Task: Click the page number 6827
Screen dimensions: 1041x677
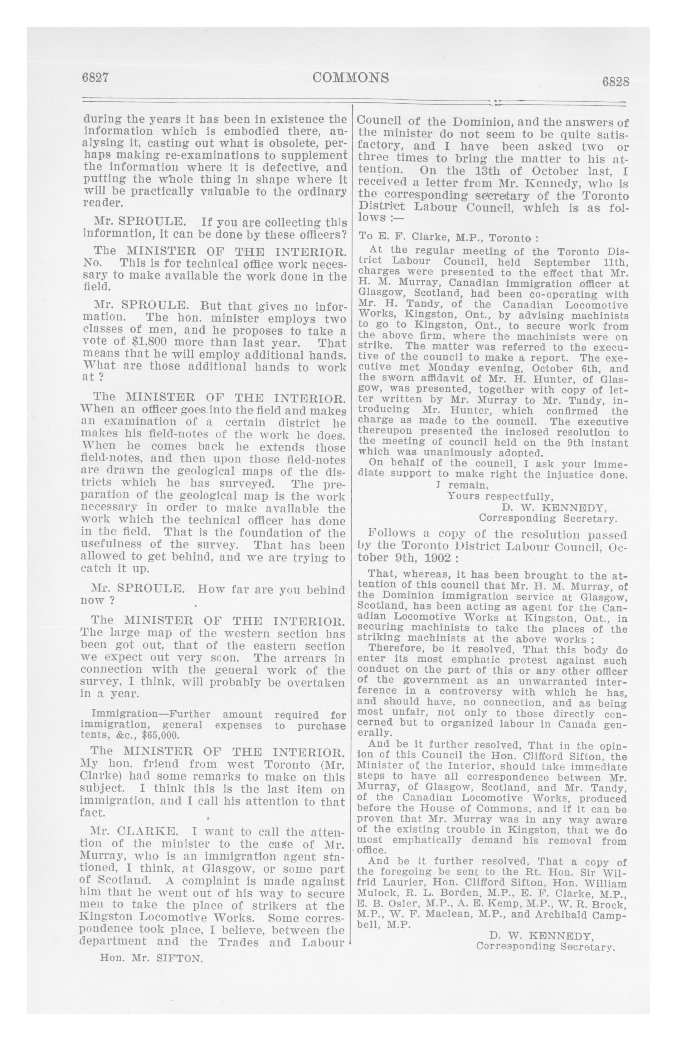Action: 95,77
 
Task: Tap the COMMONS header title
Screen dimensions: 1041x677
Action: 351,77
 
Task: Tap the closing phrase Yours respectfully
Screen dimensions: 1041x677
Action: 500,496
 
